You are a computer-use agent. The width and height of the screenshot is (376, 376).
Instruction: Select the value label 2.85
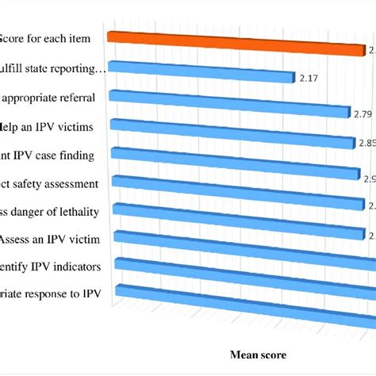point(366,144)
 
